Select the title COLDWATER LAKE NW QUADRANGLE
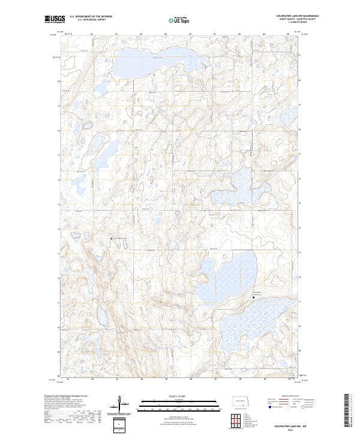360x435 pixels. pos(297,16)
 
